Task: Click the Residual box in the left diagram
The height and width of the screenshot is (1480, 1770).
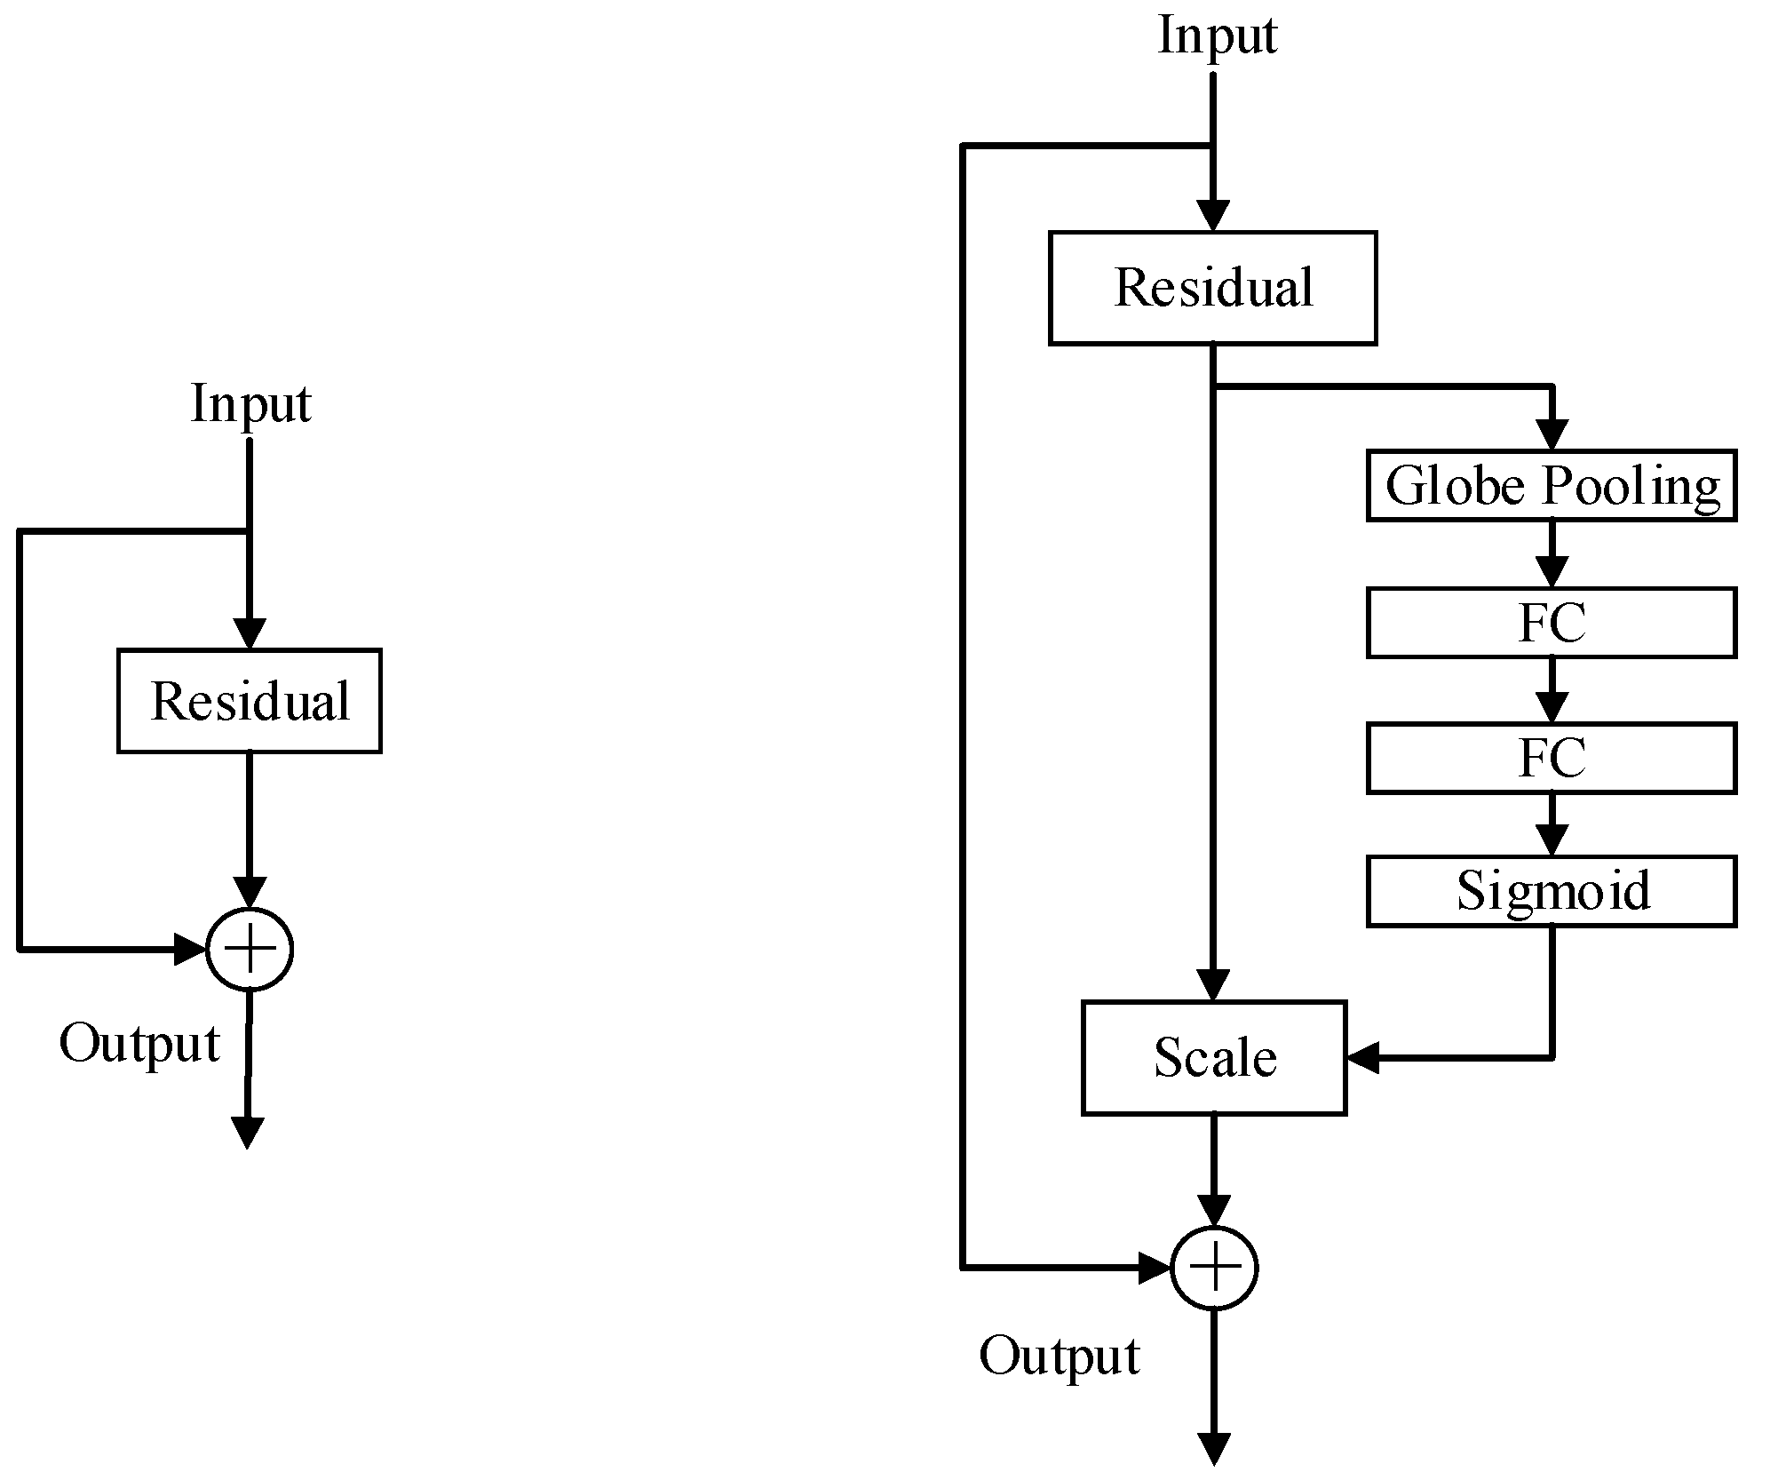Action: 250,701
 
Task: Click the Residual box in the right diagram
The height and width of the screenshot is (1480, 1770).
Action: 1212,288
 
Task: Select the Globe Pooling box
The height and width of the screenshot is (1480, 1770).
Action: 1551,486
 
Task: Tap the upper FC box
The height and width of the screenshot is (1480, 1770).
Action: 1551,623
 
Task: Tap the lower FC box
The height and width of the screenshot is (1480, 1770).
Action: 1551,758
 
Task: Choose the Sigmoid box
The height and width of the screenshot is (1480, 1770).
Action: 1551,891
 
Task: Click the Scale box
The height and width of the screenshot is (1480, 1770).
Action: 1213,1057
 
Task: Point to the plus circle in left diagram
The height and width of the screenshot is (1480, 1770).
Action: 250,949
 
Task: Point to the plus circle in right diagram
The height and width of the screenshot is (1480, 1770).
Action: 1214,1268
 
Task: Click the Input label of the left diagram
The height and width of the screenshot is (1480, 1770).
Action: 250,404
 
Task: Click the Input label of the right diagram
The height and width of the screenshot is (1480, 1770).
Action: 1217,36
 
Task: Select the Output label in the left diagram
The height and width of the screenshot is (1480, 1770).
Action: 139,1043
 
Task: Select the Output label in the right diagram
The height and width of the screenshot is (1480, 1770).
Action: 1059,1357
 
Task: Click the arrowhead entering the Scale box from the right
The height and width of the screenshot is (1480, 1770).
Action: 1362,1057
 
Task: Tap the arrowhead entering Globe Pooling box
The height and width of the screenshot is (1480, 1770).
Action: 1552,435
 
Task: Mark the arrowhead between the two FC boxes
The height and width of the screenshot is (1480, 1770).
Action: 1552,708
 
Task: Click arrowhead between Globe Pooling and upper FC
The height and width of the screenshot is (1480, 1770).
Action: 1552,571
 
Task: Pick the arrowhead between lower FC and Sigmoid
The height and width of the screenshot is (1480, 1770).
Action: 1552,840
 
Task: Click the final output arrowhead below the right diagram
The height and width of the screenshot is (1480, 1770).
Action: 1213,1449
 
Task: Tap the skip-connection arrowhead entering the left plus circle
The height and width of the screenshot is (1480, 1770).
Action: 191,949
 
